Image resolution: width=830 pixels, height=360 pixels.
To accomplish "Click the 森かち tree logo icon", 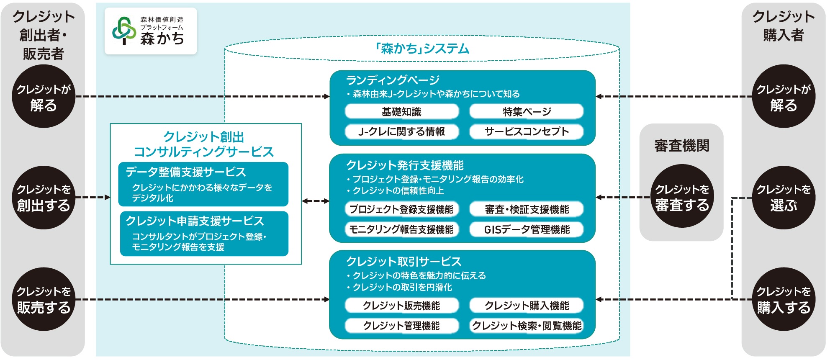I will coord(124,31).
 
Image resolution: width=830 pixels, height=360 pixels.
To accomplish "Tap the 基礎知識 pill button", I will coord(401,112).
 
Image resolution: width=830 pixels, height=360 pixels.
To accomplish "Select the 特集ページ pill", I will coord(527,112).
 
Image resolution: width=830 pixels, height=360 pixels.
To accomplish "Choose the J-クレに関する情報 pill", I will coord(401,131).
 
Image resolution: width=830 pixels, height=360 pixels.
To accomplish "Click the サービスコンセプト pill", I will coord(527,131).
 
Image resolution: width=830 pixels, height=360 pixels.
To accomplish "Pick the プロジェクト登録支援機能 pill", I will coord(401,209).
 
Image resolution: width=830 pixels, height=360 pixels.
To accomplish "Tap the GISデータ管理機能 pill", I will coord(527,229).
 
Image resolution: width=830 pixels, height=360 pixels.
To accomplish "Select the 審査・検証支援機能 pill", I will coord(527,209).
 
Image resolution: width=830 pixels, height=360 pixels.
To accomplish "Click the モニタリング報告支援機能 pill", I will coord(401,229).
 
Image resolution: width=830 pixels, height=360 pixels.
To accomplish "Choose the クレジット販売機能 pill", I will coord(401,306).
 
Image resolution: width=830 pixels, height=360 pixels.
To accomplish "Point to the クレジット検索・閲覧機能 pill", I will coord(527,326).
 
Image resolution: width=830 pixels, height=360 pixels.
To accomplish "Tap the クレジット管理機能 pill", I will coord(401,326).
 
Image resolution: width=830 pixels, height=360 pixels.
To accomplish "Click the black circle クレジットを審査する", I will coord(682,197).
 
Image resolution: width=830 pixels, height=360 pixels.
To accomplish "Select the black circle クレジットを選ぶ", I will coord(784,198).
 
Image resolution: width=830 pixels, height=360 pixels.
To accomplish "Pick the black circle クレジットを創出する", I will coord(44,198).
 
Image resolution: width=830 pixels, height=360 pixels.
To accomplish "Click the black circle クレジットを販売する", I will coord(44,299).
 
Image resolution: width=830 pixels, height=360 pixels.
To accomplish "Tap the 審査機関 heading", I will coord(682,146).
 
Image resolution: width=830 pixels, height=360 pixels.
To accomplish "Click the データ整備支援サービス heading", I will coord(186,172).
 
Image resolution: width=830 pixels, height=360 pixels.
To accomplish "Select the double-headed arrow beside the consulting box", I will coord(316,201).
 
